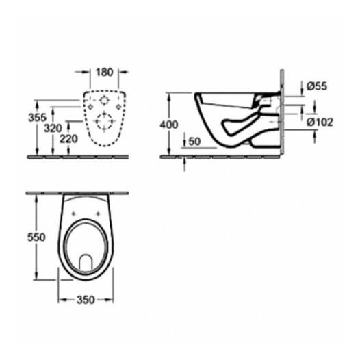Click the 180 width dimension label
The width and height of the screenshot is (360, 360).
click(105, 73)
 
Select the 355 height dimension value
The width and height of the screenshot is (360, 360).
click(37, 118)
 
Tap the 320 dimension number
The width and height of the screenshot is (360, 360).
click(53, 128)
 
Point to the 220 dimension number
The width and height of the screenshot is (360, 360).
click(68, 139)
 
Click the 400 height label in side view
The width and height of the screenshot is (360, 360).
click(169, 125)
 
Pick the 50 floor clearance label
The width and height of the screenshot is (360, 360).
click(194, 142)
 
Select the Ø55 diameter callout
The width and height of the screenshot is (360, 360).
click(317, 86)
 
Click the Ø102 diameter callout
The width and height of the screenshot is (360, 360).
click(320, 122)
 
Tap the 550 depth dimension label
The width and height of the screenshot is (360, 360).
click(36, 237)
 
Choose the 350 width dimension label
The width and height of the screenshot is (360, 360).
click(86, 300)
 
